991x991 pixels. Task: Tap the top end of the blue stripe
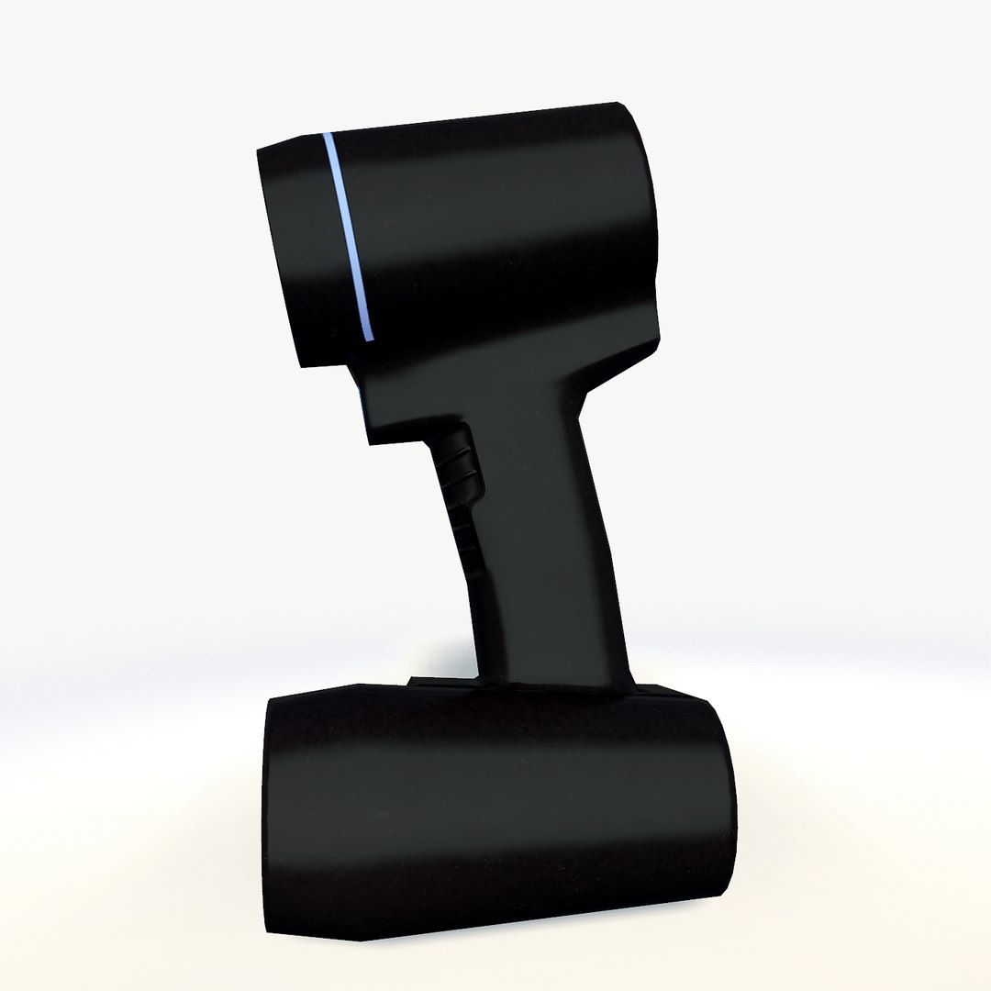[x=328, y=138]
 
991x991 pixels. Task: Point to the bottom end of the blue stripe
[x=370, y=339]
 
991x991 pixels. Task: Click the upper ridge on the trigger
[x=462, y=452]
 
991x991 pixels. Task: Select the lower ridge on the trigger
[x=466, y=479]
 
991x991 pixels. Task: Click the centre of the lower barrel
[x=495, y=807]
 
